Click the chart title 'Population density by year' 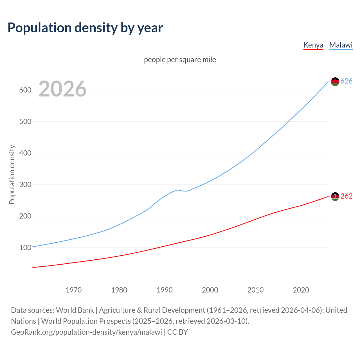[x=85, y=28]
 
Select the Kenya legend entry [x=313, y=45]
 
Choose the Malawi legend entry [x=341, y=45]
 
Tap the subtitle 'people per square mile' [x=180, y=60]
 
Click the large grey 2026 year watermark [x=62, y=89]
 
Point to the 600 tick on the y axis [x=25, y=90]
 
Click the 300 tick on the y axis [x=25, y=185]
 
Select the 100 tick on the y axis [x=25, y=248]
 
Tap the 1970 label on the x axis [x=74, y=290]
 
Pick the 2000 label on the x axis [x=210, y=290]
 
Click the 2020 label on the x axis [x=301, y=290]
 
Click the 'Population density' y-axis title [x=12, y=174]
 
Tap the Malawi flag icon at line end [x=335, y=82]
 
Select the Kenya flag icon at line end [x=335, y=196]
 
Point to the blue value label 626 [x=346, y=81]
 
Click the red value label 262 [x=346, y=196]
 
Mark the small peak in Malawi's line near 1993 [x=178, y=190]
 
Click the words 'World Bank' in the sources [x=75, y=310]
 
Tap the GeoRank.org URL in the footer [x=86, y=332]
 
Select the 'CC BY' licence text [x=177, y=332]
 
